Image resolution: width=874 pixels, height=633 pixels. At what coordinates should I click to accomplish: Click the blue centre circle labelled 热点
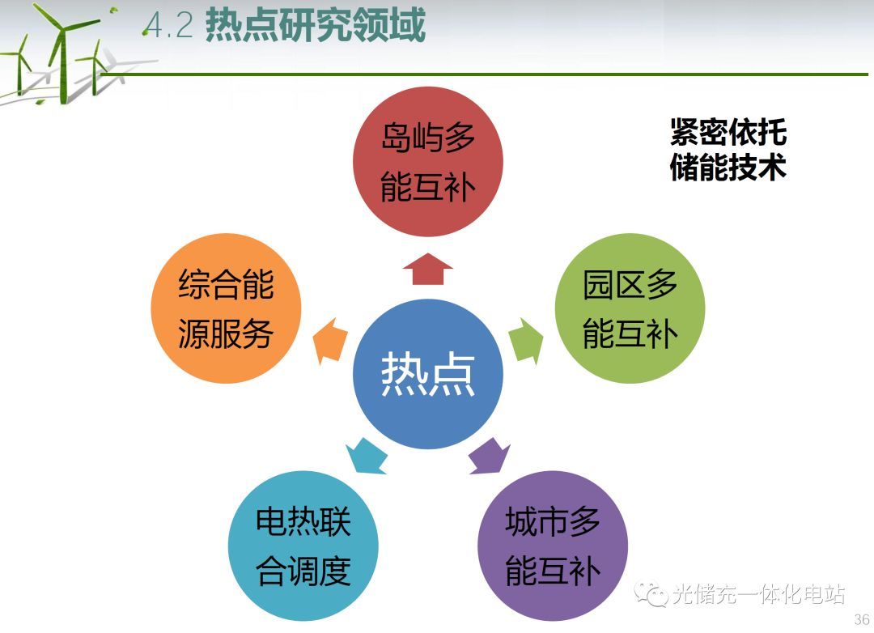click(428, 374)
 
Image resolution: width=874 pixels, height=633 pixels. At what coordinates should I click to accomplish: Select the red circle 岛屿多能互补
click(428, 162)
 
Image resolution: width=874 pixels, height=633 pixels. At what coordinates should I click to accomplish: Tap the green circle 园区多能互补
click(630, 308)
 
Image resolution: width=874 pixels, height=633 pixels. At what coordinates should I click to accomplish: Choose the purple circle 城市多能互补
click(553, 546)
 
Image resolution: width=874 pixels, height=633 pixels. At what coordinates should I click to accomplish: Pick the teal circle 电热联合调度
click(303, 546)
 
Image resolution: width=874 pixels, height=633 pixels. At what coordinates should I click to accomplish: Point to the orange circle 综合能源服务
click(227, 308)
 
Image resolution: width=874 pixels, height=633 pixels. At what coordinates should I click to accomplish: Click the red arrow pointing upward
click(428, 269)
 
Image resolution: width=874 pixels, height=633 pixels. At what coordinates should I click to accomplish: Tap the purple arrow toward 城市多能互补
click(489, 457)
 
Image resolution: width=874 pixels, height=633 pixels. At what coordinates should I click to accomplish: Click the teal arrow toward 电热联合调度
click(367, 457)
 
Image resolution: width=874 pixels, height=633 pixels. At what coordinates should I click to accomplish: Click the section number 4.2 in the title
click(168, 26)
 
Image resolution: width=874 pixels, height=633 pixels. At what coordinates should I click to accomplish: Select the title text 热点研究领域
click(316, 25)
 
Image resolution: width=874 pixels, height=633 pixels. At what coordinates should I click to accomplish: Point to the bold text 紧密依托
click(728, 132)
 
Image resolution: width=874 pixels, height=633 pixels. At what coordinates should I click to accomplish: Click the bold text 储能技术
click(728, 166)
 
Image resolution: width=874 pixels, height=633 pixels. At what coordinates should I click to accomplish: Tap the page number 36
click(862, 619)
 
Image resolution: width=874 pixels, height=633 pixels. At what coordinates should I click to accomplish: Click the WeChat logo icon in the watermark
click(651, 593)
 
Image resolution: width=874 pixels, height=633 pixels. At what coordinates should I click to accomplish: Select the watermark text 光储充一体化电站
click(758, 594)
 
